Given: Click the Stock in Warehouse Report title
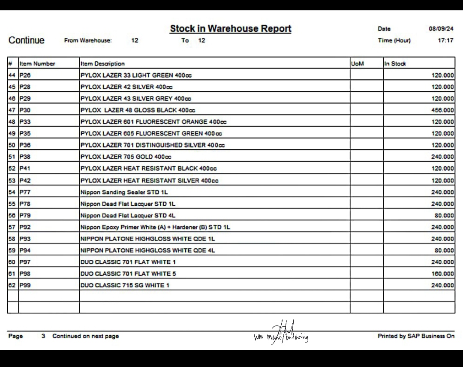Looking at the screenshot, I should [231, 29].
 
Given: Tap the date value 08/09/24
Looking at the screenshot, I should [441, 29].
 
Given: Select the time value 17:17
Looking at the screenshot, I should [445, 40].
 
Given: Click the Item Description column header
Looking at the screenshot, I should [102, 63].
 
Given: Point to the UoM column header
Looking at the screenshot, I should [357, 63].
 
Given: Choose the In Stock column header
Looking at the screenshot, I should [395, 63].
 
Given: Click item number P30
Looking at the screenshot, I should [25, 110].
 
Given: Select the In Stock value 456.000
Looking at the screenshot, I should [442, 110].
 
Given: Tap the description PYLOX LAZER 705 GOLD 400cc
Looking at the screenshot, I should [126, 157].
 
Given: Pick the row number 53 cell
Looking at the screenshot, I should [12, 180].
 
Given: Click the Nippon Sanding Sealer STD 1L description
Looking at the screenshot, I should [124, 192].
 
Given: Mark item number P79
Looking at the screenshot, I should [25, 215].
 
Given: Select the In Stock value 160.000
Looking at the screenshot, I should [442, 274].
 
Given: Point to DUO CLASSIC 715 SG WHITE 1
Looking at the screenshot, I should [125, 285].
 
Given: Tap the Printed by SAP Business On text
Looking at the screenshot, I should [415, 336].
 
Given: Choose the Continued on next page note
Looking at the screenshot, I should [85, 336].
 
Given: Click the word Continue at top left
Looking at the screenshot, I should [27, 40].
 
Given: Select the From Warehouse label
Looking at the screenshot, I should [88, 40].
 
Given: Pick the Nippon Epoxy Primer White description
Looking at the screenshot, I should [155, 227].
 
